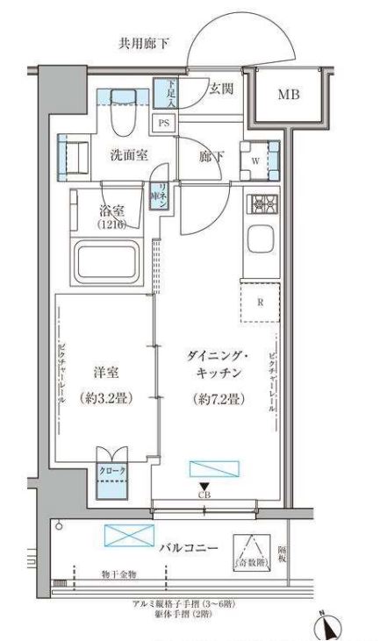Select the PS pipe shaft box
(163, 124)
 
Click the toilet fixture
(122, 111)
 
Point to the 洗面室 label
(129, 155)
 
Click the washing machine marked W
(255, 160)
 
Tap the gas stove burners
(261, 204)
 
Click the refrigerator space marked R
(261, 303)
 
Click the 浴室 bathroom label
(111, 210)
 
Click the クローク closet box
(112, 472)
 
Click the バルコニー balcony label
(189, 548)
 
